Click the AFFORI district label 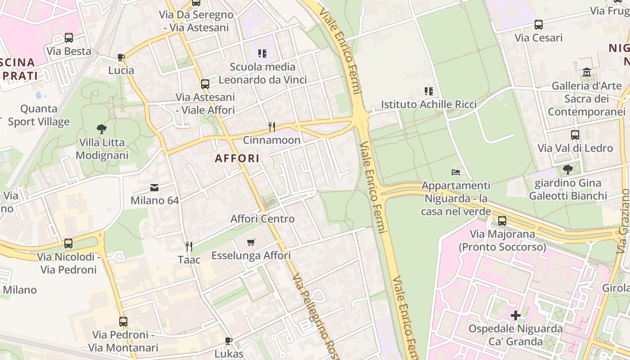click(237, 158)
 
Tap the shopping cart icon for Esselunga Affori click(251, 243)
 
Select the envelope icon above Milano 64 click(154, 188)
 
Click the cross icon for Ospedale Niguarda click(516, 315)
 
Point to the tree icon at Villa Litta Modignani click(102, 129)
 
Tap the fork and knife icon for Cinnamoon click(271, 126)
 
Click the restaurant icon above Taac click(189, 246)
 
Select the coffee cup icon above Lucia click(121, 57)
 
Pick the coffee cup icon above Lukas click(229, 341)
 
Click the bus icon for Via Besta click(69, 38)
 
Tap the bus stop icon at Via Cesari click(538, 25)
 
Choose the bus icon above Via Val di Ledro click(575, 135)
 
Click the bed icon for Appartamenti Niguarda click(456, 172)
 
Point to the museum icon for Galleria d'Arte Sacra click(586, 72)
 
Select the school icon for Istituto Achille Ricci click(428, 91)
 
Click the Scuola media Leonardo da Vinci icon click(262, 54)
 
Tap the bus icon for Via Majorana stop click(502, 221)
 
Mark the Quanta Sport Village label click(39, 115)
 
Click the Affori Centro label click(262, 219)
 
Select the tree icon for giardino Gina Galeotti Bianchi click(567, 170)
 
